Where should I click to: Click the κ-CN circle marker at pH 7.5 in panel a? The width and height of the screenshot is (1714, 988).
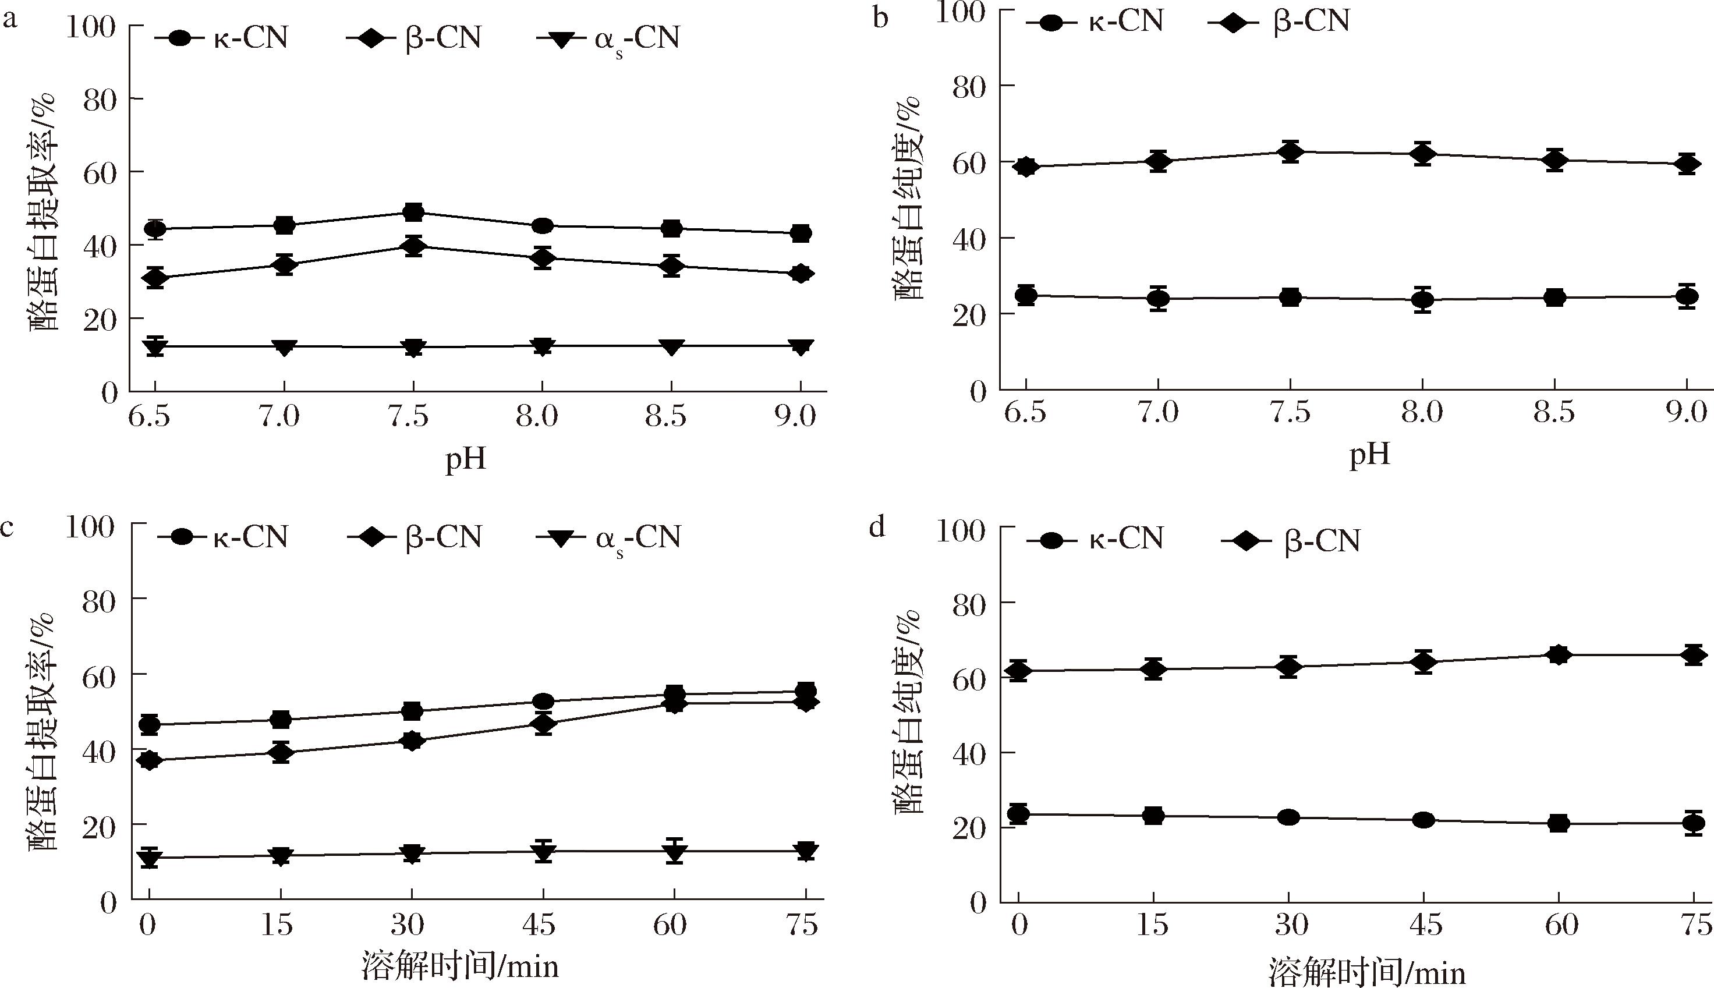413,213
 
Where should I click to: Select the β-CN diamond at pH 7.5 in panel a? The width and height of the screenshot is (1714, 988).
413,246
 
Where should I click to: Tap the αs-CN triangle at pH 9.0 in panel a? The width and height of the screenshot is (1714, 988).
801,347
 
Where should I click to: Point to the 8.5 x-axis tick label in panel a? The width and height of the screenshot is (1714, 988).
665,416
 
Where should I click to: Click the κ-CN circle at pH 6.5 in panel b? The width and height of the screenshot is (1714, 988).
1026,295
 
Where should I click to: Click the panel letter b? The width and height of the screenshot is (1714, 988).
880,18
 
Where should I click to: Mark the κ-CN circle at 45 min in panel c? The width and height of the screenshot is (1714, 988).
543,701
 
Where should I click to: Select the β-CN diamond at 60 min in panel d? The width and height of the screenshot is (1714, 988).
1559,655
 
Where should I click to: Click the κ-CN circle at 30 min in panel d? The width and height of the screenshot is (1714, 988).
1288,817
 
